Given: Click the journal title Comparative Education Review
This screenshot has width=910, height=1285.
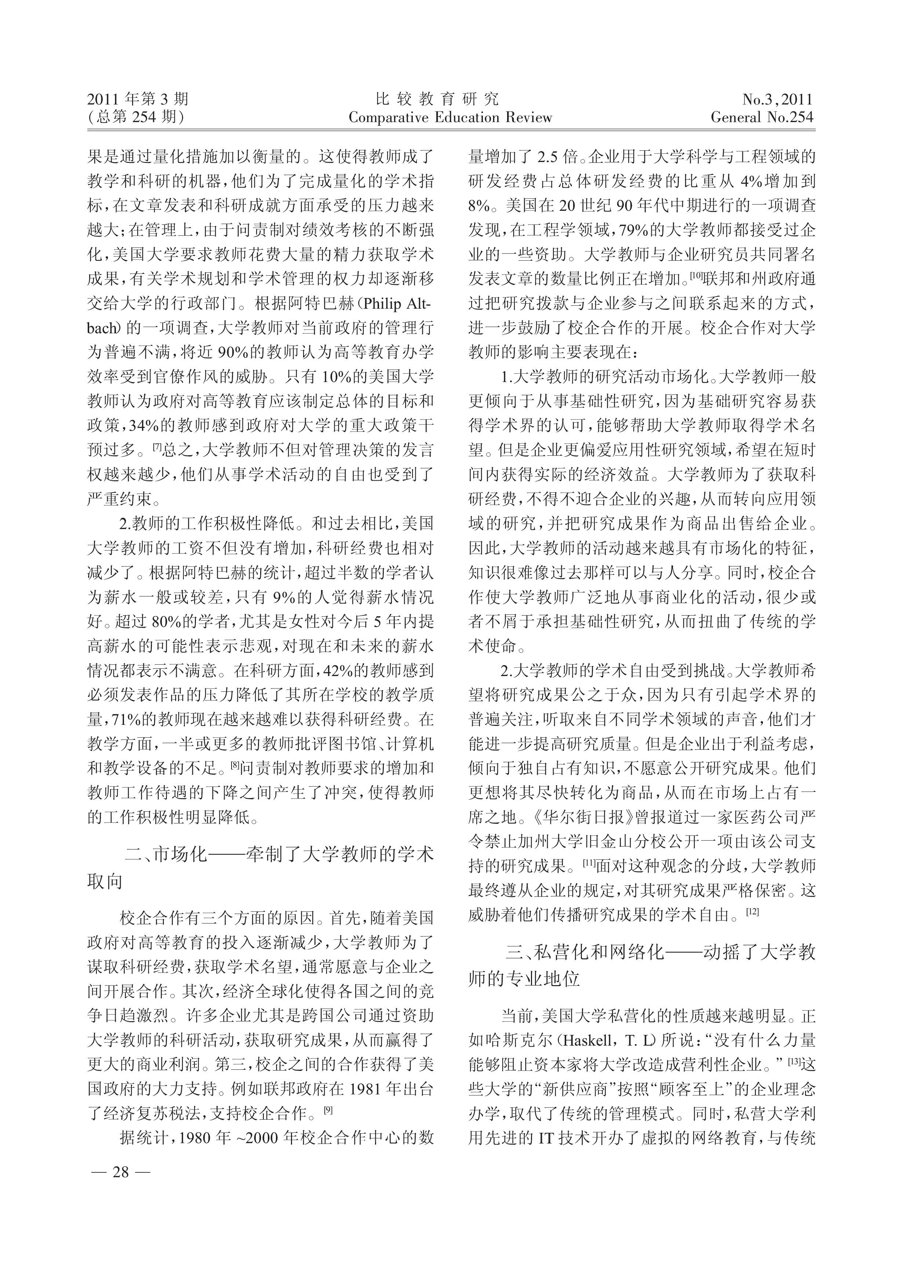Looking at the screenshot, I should tap(450, 118).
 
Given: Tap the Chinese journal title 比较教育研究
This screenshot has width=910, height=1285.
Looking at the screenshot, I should tap(437, 100).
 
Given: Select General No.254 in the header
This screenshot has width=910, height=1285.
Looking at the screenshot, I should tap(762, 118).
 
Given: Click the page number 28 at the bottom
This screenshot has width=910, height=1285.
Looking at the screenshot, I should tap(120, 1171).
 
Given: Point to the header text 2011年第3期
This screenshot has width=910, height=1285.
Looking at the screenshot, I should tap(138, 100).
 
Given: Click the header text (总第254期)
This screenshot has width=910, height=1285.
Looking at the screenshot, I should tap(136, 118).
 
